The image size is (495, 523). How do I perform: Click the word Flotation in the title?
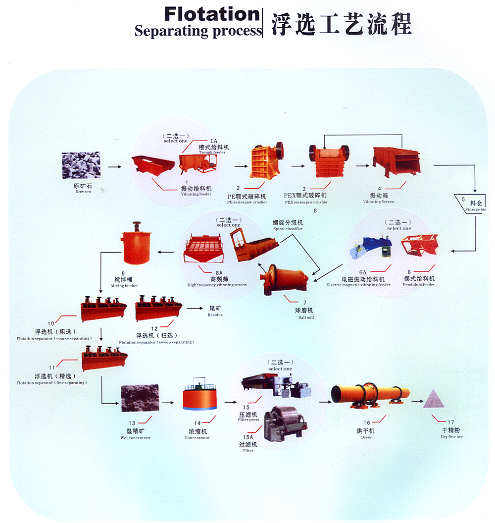point(211,14)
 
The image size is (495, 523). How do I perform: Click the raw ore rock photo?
point(81,165)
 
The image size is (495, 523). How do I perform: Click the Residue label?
point(215,312)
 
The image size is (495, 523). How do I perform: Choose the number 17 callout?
point(450,422)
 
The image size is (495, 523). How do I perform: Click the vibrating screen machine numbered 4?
point(396,162)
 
